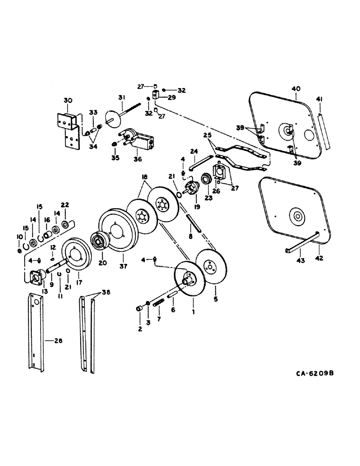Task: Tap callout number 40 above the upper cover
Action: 296,88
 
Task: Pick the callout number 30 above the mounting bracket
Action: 68,100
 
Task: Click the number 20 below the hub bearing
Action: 103,263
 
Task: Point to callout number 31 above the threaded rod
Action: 121,97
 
